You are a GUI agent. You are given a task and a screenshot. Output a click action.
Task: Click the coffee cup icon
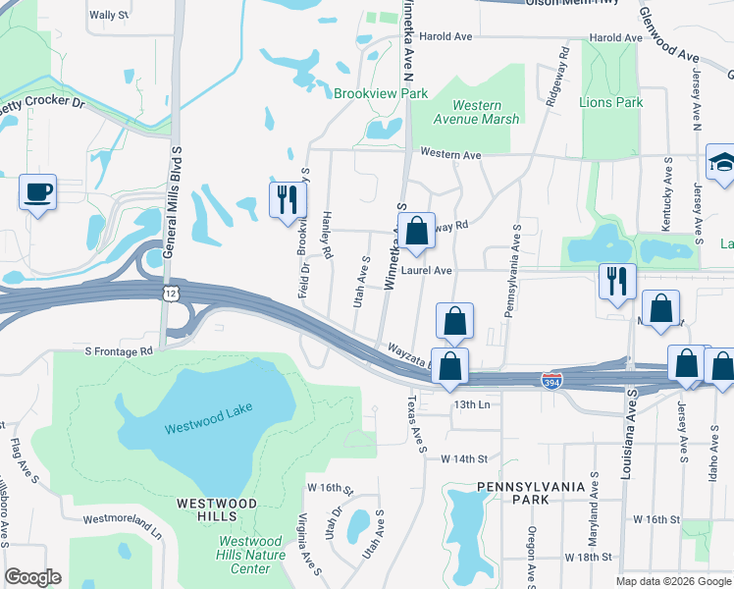[37, 191]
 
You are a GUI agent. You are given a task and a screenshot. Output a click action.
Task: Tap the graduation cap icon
[721, 162]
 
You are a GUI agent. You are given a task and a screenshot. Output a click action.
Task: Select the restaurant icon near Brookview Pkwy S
[287, 199]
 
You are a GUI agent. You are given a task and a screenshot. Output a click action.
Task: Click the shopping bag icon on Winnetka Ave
[417, 231]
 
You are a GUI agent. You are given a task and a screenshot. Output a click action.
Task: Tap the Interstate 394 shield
[552, 378]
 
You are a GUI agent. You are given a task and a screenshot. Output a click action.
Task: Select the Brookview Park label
[381, 93]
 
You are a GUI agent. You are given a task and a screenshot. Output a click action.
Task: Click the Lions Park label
[611, 102]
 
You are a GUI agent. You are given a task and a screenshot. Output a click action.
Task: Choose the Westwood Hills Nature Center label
[252, 555]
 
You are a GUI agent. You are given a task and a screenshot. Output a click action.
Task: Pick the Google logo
[32, 577]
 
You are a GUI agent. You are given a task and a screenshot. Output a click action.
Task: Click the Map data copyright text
[673, 581]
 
